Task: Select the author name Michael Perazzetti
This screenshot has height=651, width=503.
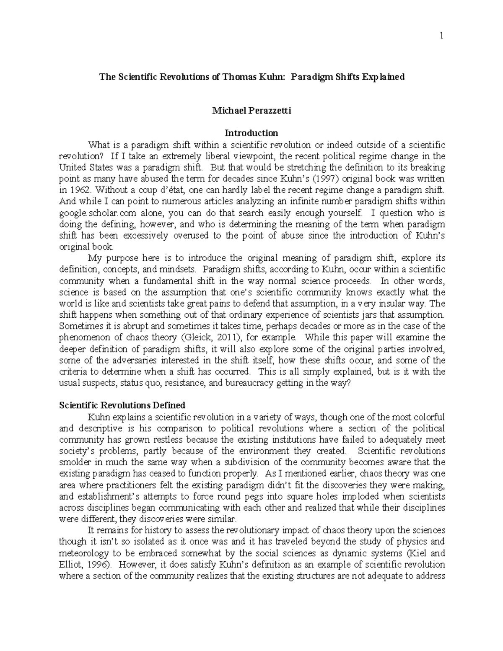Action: tap(251, 111)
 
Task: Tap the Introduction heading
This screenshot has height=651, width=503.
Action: tap(251, 133)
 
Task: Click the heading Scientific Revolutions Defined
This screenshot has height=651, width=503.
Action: tap(122, 405)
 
